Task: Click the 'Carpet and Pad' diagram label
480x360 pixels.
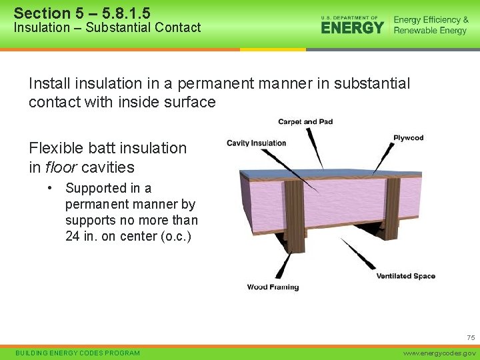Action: coord(305,122)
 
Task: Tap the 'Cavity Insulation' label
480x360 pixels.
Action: coord(256,143)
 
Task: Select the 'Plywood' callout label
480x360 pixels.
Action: coord(408,138)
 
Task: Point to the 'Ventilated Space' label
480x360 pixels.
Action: coord(405,276)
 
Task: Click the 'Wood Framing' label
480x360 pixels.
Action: coord(273,287)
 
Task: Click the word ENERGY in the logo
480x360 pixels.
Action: coord(352,27)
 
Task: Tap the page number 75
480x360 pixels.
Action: coord(470,338)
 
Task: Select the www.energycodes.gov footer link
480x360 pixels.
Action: coord(441,353)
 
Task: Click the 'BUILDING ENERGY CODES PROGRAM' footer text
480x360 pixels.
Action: coord(77,353)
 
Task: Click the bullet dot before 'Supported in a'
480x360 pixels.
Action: coord(51,189)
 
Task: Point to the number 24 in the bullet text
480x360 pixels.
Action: coord(73,236)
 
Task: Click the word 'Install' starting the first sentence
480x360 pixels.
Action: coord(49,83)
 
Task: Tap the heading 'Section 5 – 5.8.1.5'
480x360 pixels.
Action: coord(82,13)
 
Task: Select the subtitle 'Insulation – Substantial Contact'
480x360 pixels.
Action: coord(107,27)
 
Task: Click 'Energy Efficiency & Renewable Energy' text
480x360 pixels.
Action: coord(431,25)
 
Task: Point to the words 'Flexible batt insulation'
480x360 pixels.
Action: coord(108,148)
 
